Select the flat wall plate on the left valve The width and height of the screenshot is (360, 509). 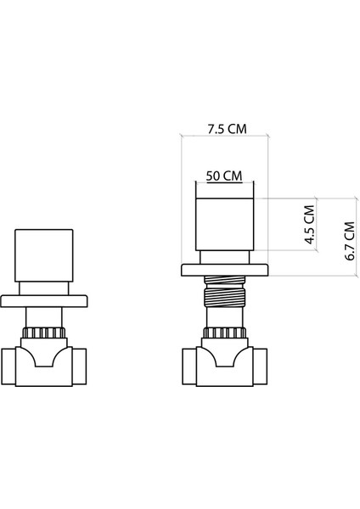(47, 299)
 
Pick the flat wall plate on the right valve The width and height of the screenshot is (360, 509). (225, 271)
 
